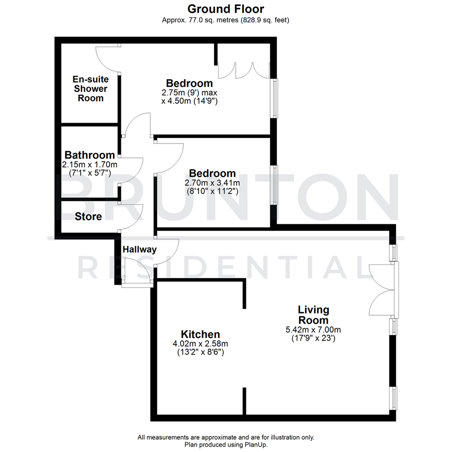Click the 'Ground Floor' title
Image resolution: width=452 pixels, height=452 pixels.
coord(226,8)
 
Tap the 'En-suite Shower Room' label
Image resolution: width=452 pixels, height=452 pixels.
coord(90,89)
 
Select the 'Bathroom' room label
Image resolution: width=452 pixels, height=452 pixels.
coord(90,155)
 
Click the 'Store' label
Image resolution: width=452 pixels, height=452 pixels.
coord(88,217)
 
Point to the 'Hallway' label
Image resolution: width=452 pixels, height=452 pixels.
coord(139,250)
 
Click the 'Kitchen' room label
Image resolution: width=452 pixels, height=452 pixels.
coord(200,334)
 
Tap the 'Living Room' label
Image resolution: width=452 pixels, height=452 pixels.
coord(313,315)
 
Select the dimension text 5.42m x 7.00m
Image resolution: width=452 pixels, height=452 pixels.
coord(313,330)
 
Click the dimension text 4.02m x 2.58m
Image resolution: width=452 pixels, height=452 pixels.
coord(200,344)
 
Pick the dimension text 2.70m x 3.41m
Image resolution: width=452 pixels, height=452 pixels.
coord(212,183)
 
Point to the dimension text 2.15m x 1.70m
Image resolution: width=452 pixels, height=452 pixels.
coord(90,164)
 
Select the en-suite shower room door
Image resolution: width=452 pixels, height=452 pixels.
coord(108,59)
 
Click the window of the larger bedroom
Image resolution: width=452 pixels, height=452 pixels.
coord(275,98)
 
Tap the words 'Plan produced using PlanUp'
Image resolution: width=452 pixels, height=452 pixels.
coord(226,444)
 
